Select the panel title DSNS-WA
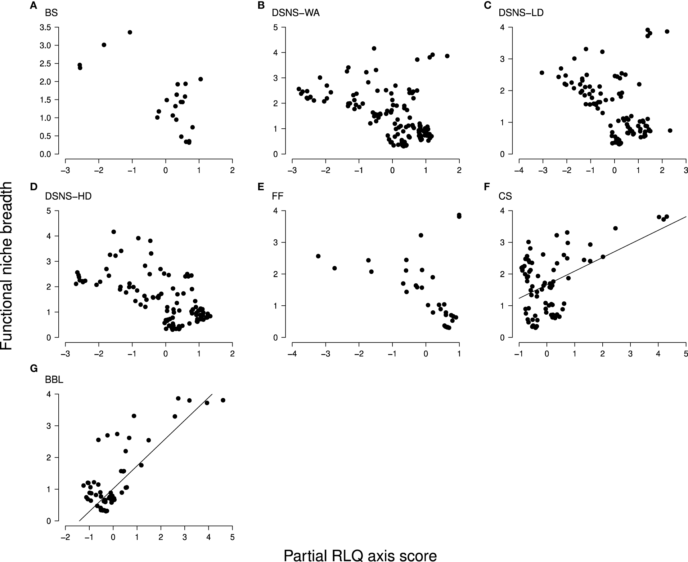coord(295,13)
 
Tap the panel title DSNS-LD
coord(521,13)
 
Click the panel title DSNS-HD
coord(68,196)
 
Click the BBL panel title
coord(54,380)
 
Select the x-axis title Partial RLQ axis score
coord(360,555)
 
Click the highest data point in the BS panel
coord(130,32)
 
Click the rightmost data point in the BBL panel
coord(223,400)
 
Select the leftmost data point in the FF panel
coord(318,256)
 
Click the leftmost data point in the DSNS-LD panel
coord(542,72)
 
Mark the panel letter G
coord(34,368)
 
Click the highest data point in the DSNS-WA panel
coord(374,48)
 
